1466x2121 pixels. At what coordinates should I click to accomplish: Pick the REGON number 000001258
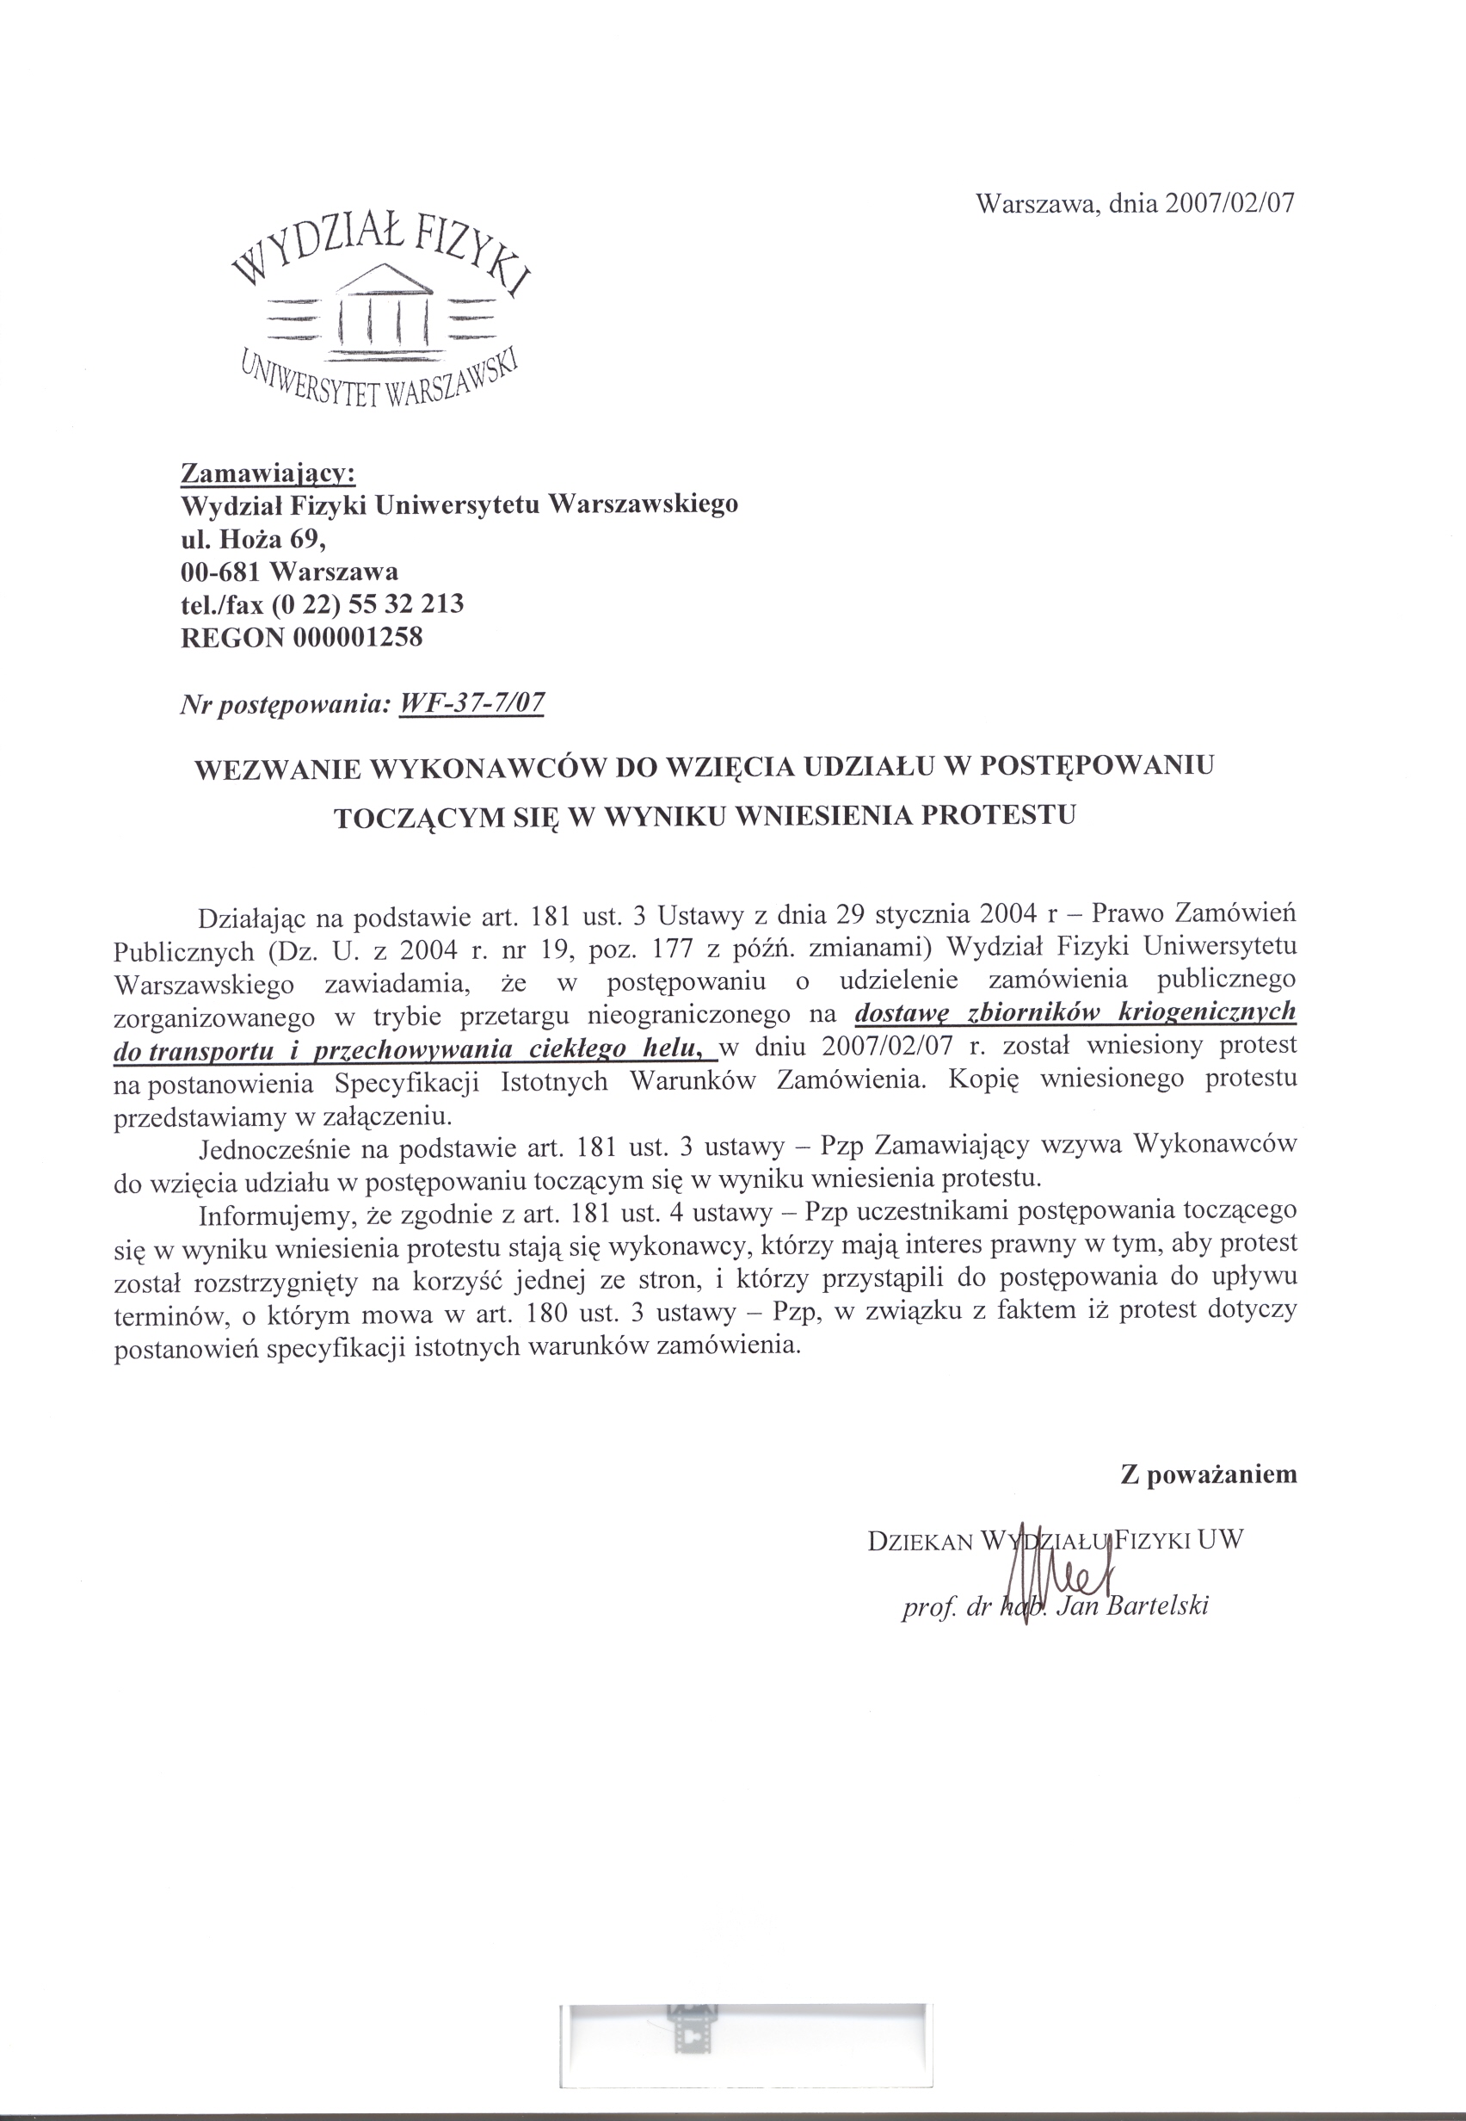pos(358,637)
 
